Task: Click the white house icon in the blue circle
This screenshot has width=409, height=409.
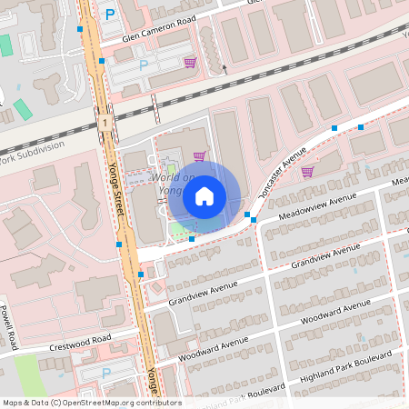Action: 204,195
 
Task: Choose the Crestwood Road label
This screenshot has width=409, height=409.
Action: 81,342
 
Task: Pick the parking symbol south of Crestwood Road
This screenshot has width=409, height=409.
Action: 105,374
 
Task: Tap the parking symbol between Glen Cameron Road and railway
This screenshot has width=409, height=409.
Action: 143,65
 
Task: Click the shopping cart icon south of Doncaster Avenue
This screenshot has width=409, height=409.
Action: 307,171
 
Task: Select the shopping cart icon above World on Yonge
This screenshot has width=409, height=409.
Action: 199,155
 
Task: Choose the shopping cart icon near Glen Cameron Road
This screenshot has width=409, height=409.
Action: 190,62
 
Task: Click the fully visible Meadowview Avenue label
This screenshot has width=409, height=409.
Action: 317,205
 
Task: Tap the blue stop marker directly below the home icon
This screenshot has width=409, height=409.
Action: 192,238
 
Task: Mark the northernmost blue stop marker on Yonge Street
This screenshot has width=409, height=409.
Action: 81,29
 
